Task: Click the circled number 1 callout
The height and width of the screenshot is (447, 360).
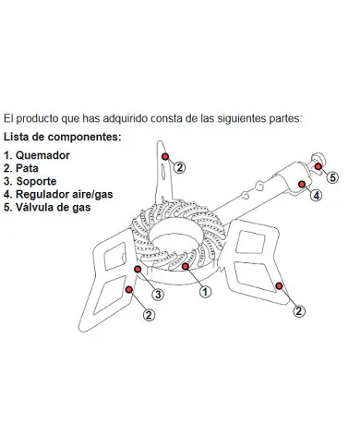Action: tap(205, 291)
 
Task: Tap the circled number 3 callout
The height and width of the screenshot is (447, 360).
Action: tap(158, 295)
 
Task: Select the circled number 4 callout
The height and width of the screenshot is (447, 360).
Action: tap(317, 195)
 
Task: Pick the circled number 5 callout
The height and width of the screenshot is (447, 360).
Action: tap(332, 177)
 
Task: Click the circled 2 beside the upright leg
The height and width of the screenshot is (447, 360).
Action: tap(180, 168)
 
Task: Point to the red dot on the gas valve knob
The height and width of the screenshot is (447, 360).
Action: tap(318, 166)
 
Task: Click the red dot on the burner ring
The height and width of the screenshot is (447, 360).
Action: tap(186, 266)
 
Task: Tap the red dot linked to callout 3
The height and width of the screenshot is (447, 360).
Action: tap(138, 269)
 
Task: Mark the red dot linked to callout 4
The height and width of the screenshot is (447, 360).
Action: tap(302, 184)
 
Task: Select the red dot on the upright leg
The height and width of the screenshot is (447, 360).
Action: tap(165, 156)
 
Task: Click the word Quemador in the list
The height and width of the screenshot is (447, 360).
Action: tap(42, 155)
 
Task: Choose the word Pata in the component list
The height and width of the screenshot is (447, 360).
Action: tap(27, 168)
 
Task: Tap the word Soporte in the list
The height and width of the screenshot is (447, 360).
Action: tap(36, 181)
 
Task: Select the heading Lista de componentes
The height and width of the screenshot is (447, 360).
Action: tap(63, 137)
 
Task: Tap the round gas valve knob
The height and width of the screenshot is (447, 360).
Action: tap(318, 159)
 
